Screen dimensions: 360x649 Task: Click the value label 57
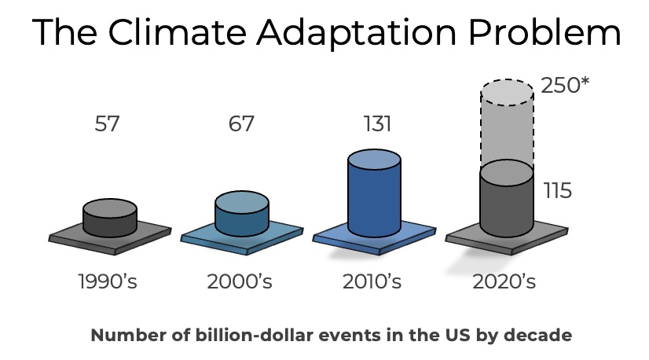[x=107, y=124]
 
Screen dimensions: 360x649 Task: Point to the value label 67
[x=241, y=124]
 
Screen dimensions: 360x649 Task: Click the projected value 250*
[x=566, y=86]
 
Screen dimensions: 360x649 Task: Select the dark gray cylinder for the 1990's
[x=109, y=219]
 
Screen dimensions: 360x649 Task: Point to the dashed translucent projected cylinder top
[x=507, y=93]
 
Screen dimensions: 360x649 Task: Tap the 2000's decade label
[x=240, y=281]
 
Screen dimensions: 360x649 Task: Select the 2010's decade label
[x=372, y=281]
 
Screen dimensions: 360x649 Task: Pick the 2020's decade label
[x=504, y=281]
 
